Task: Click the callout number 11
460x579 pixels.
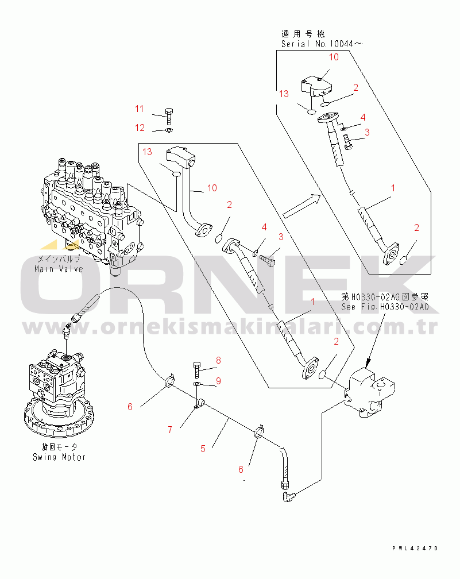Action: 140,109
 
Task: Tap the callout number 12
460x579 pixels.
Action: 140,127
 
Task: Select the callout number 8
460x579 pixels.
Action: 218,361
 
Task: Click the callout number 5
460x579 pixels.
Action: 203,449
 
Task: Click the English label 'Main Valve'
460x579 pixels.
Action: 59,269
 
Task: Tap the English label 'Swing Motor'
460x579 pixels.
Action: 59,457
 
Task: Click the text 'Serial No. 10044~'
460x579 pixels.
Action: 322,44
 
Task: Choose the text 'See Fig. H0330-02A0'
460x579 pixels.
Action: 384,307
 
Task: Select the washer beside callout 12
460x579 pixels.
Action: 168,130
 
